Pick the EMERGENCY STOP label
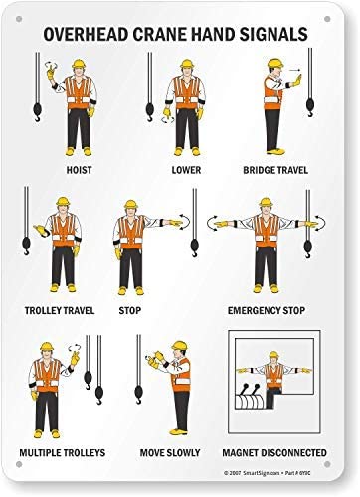coord(267,309)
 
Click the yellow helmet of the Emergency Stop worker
coord(266,205)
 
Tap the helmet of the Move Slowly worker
coord(179,347)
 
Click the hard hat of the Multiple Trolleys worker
coord(45,347)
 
